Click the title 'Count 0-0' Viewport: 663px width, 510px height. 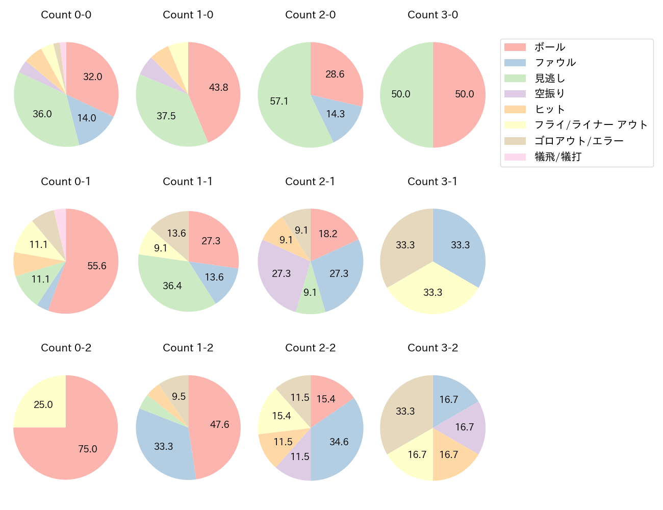[x=66, y=15]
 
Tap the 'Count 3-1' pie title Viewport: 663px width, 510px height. [x=432, y=182]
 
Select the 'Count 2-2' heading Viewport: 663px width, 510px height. [x=310, y=348]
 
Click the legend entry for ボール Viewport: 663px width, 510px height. [x=549, y=47]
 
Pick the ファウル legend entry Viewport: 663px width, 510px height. [x=555, y=63]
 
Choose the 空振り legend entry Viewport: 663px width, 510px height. [x=549, y=94]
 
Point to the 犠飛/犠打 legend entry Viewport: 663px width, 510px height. [x=557, y=157]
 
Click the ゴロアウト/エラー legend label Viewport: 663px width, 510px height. [x=578, y=141]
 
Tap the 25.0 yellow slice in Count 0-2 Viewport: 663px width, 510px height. [x=43, y=404]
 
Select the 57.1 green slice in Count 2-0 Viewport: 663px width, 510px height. [x=279, y=101]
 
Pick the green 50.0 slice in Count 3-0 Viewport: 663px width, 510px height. [x=401, y=94]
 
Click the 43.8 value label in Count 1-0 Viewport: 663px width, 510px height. [x=218, y=88]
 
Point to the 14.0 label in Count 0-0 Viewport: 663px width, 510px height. [x=87, y=118]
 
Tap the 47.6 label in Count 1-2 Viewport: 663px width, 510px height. [x=219, y=424]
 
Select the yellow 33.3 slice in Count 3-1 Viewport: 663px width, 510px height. [x=432, y=292]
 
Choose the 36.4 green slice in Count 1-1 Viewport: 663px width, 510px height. [x=172, y=286]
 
